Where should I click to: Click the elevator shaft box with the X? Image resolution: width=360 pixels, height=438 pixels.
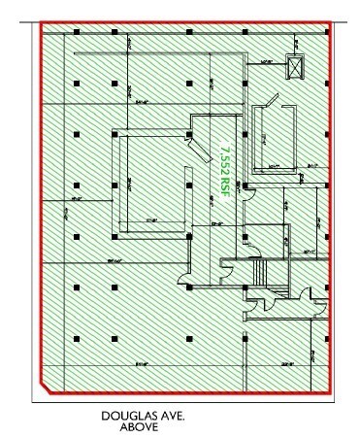(x=295, y=66)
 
